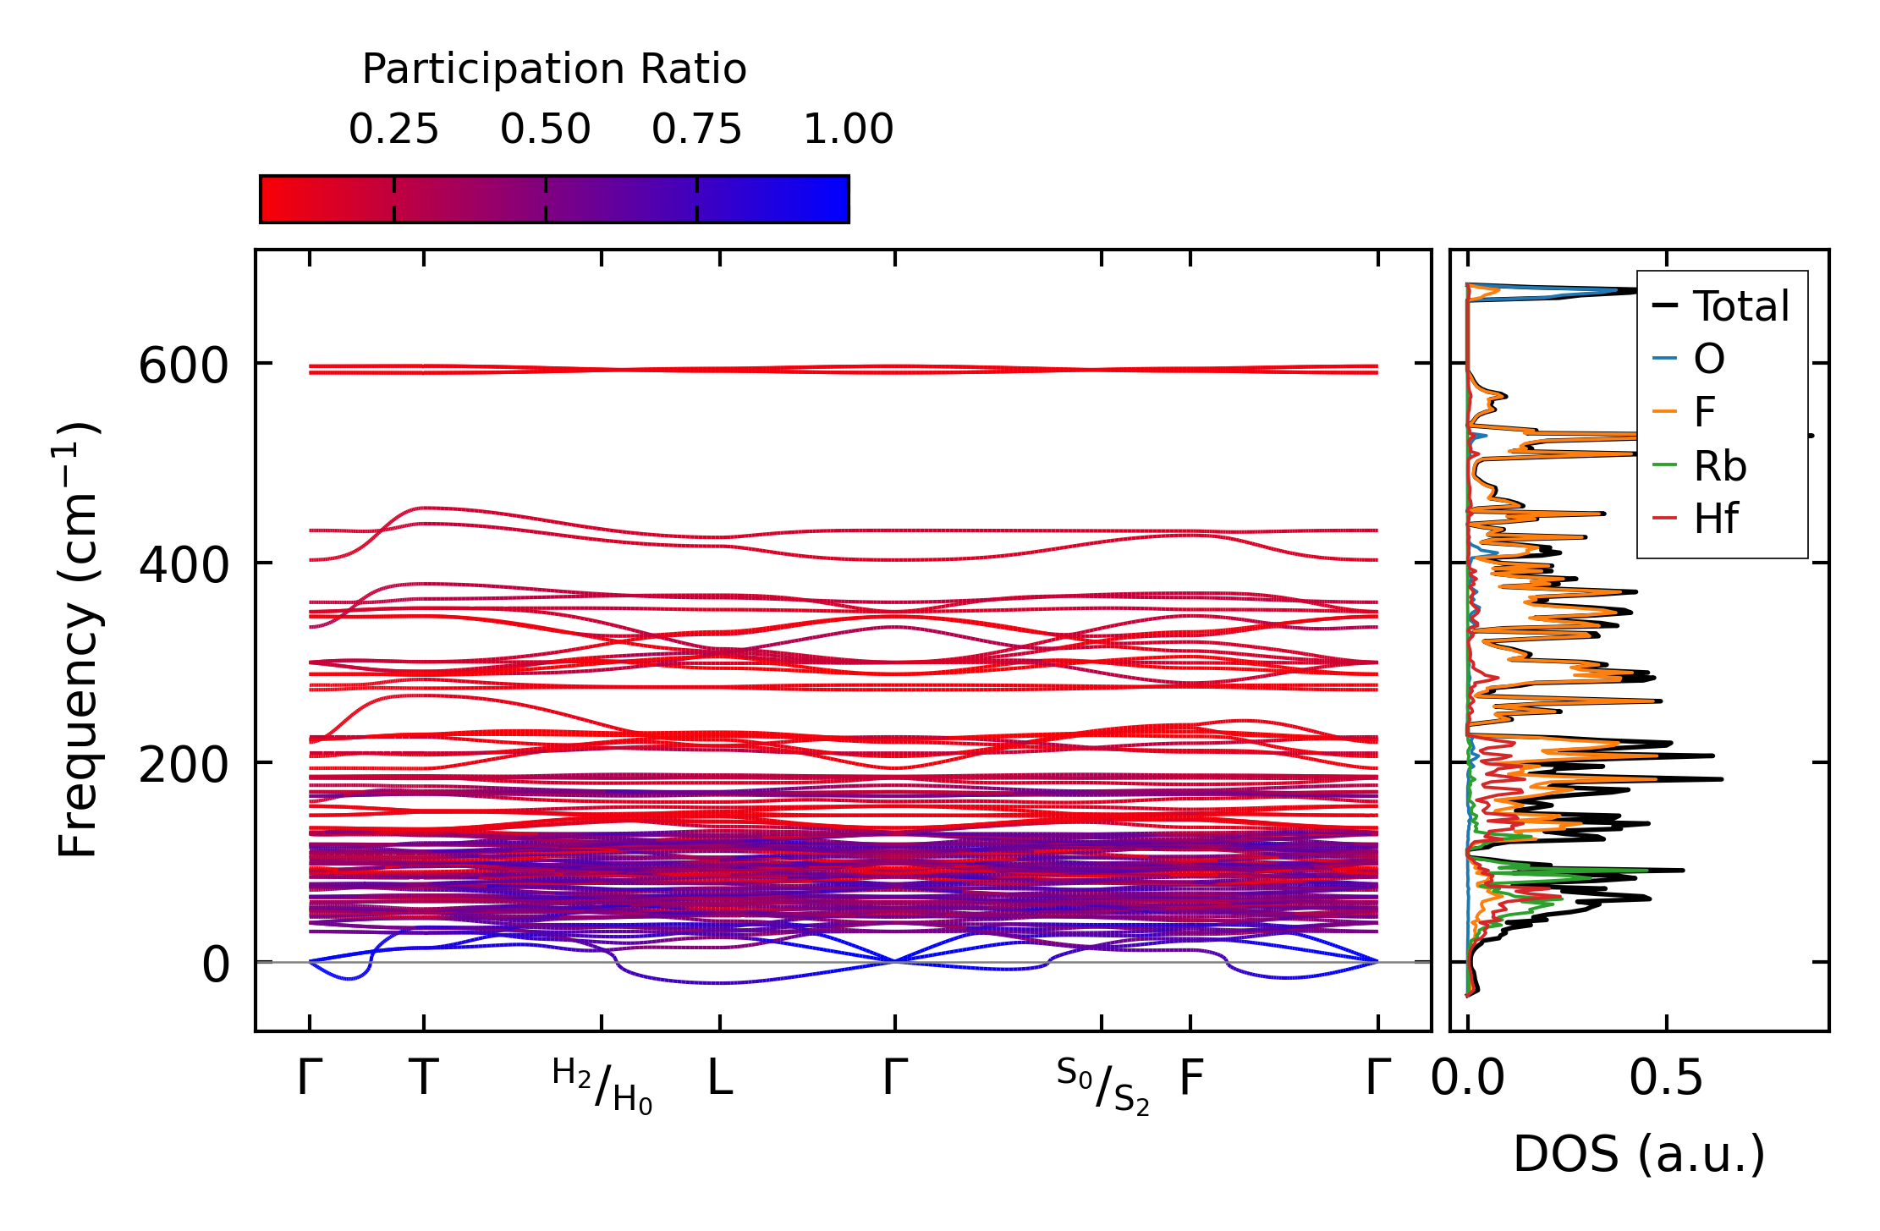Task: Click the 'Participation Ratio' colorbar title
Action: click(x=554, y=69)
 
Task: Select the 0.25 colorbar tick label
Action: click(x=393, y=129)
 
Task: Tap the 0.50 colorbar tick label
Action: click(x=545, y=129)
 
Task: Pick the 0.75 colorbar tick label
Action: click(x=696, y=129)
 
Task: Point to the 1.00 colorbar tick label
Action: click(x=848, y=129)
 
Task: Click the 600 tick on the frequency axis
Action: click(x=184, y=367)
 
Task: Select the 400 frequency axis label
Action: click(x=184, y=565)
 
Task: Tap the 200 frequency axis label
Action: click(x=184, y=766)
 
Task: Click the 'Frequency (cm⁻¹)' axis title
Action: click(x=79, y=640)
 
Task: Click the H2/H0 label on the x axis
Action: click(x=602, y=1085)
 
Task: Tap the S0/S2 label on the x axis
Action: click(x=1102, y=1085)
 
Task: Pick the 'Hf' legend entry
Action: click(x=1715, y=519)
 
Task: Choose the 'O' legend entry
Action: click(x=1708, y=360)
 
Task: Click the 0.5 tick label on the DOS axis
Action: click(x=1666, y=1079)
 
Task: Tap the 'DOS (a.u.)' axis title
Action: click(x=1639, y=1154)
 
